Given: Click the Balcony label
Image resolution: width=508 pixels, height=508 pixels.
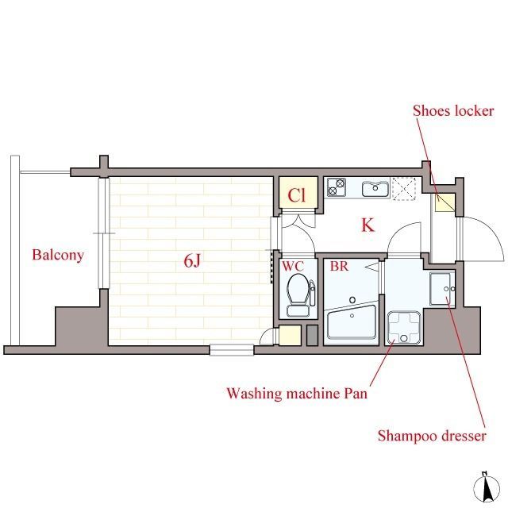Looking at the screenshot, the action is point(58,256).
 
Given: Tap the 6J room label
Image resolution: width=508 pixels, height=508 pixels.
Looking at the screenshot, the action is point(192,260).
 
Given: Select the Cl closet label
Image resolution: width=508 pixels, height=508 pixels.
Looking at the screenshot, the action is point(297,195).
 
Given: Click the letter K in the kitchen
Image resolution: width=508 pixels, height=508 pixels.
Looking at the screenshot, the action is point(368,225).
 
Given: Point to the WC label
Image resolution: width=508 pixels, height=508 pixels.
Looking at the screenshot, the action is point(293,267).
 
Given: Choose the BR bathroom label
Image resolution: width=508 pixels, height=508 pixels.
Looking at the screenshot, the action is point(339,267).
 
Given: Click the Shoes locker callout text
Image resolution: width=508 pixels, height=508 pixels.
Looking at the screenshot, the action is point(453,111).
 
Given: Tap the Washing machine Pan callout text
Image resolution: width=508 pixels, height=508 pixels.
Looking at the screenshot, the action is point(297,394).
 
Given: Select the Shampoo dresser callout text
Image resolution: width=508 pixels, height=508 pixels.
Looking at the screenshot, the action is point(432,436).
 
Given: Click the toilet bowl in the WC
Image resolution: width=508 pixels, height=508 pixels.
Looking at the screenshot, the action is point(298,289).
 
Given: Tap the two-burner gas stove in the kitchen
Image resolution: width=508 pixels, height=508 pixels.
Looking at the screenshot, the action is point(337,187).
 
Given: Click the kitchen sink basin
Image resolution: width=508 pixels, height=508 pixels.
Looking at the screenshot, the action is point(375,189).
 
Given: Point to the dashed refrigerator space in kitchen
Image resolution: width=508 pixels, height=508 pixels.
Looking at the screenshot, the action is point(404,189).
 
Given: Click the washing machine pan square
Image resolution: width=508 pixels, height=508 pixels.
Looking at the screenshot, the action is point(404,328).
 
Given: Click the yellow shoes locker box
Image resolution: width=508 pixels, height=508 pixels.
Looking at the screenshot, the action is point(444,202).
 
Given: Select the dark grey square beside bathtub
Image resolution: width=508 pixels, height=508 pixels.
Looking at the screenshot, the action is point(312,335).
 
